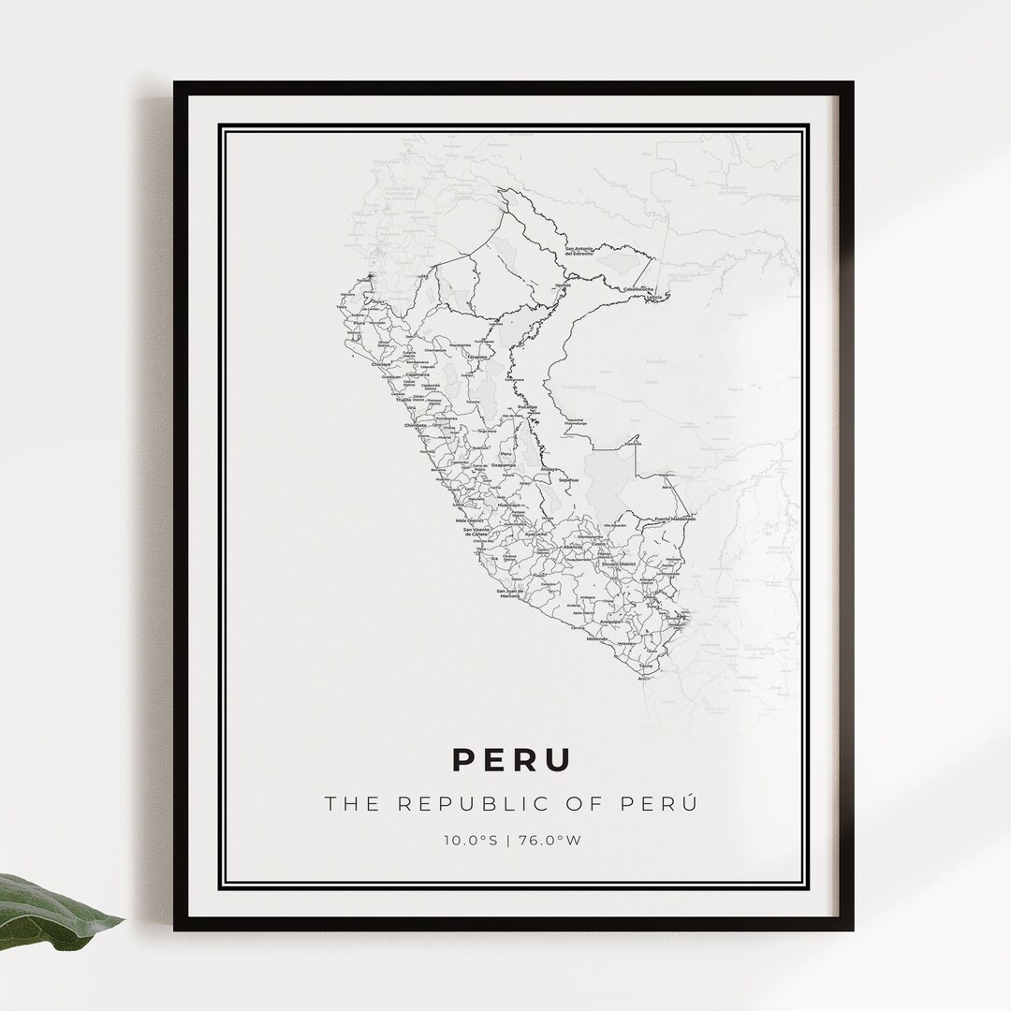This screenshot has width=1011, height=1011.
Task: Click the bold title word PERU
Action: coord(511,759)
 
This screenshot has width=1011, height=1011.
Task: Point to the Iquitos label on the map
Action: coord(563,284)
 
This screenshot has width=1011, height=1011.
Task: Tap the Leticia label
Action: coord(652,297)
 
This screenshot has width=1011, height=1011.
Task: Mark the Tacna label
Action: coord(647,666)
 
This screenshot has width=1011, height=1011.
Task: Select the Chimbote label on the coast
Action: coord(416,424)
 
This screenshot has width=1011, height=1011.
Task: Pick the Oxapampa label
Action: coord(504,465)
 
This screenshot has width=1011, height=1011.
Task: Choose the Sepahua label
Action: coord(568,480)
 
